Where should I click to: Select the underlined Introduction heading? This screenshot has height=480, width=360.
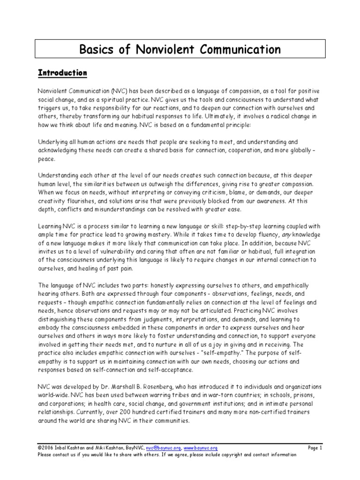(x=62, y=73)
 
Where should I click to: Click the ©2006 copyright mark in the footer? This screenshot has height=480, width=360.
(x=46, y=448)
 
